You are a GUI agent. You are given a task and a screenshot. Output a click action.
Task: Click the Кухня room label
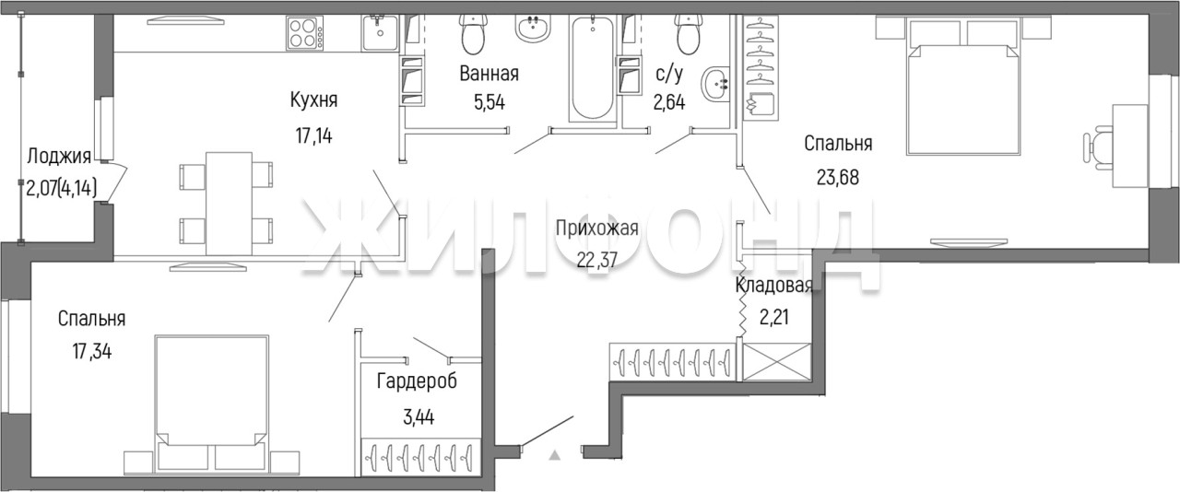tap(314, 100)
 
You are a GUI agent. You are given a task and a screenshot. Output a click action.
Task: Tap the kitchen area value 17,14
tap(314, 136)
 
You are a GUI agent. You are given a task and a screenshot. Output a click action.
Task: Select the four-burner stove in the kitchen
tap(305, 33)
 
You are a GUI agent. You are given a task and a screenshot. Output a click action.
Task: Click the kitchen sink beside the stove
tap(380, 32)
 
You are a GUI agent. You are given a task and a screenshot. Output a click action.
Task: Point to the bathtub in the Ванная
tap(593, 68)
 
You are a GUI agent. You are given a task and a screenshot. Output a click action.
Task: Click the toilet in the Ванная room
tap(473, 34)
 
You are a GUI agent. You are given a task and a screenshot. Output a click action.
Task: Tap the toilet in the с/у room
tap(690, 34)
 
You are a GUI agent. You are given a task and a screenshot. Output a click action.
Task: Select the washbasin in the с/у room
tap(716, 85)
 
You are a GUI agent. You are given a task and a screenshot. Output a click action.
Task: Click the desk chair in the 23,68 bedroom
tap(1096, 152)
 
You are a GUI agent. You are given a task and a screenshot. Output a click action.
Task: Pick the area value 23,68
tap(838, 178)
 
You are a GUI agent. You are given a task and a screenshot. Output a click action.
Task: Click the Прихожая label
tap(596, 228)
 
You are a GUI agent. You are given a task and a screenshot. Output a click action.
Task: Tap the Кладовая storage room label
tap(773, 286)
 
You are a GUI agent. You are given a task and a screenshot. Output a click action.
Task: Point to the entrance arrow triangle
tap(554, 456)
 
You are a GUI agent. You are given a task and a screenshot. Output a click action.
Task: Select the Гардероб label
tap(418, 381)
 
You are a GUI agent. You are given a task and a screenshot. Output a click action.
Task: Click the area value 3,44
tap(419, 418)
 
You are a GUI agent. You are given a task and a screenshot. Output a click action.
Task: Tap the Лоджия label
tap(59, 156)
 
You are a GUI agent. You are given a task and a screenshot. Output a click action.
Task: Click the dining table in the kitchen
tap(230, 204)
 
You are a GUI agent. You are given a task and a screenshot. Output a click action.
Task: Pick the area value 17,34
tap(92, 351)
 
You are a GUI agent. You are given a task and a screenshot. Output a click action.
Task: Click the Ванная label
tap(489, 73)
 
